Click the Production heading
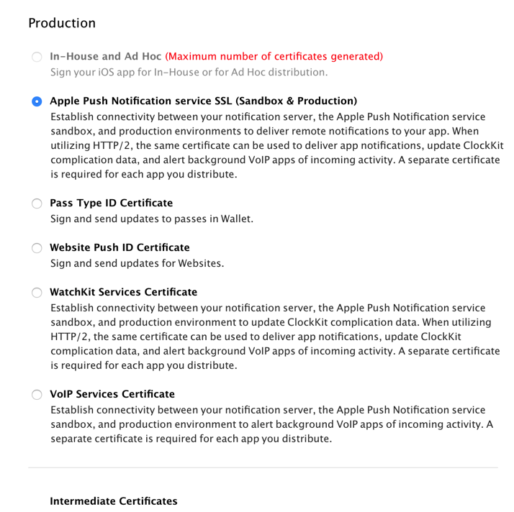[62, 23]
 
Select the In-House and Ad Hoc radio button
[37, 57]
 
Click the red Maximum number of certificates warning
[274, 56]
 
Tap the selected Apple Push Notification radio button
[37, 101]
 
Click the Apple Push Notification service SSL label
[203, 101]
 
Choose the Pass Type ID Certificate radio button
[37, 204]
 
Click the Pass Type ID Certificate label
[111, 203]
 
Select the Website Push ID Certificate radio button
[37, 248]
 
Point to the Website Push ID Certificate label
[120, 247]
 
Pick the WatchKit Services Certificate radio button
[37, 293]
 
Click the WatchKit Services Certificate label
[123, 292]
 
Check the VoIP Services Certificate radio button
[37, 395]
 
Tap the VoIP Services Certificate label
[112, 394]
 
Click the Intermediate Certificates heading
[113, 500]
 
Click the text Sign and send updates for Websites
[137, 262]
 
